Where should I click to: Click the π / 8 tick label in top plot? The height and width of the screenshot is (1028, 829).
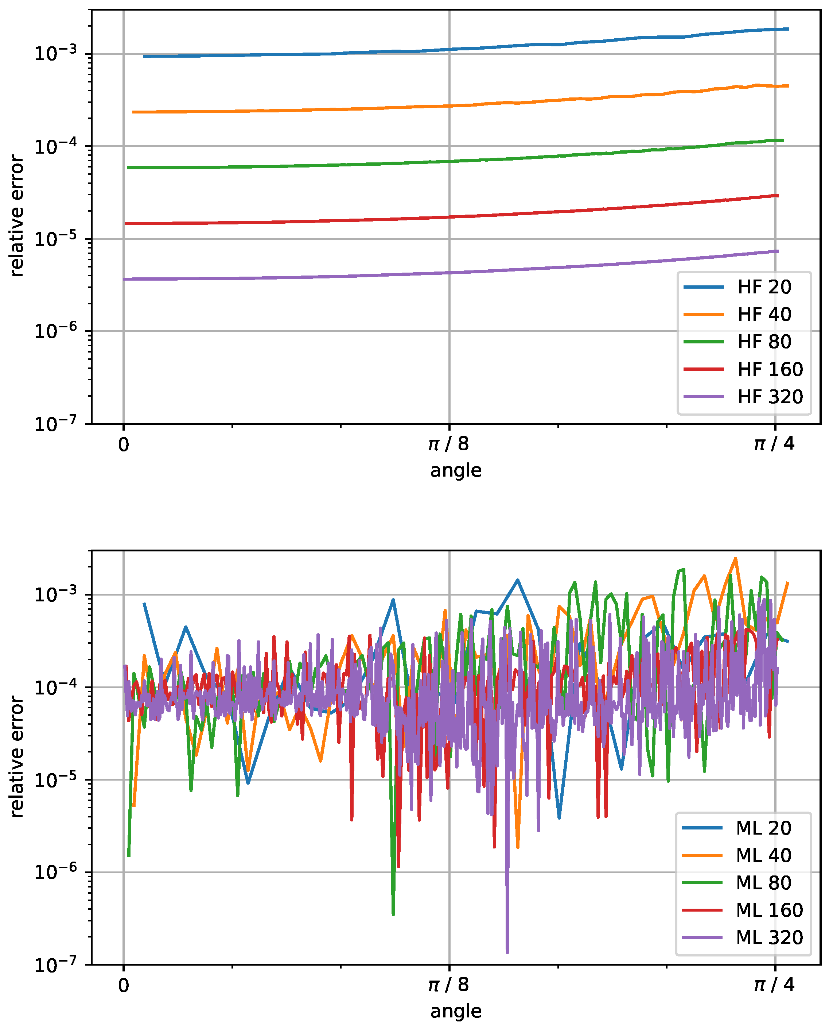point(448,444)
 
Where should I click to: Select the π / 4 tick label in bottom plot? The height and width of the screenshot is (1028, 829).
point(774,985)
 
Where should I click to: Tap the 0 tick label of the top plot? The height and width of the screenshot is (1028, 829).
point(124,445)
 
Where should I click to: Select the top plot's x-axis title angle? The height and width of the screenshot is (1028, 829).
point(456,470)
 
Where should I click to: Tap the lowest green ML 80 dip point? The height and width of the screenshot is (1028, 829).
point(393,914)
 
